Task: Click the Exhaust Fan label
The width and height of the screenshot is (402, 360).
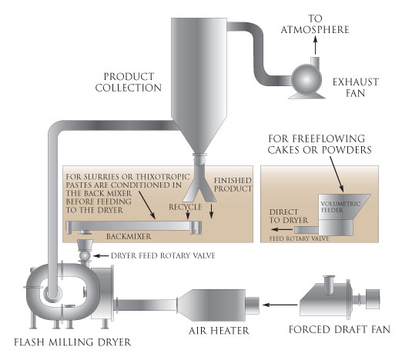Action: tap(356, 88)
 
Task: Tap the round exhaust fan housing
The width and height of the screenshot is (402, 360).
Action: tap(307, 80)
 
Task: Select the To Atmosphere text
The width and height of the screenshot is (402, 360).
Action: tap(315, 24)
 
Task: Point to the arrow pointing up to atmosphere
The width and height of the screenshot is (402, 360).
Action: tap(316, 45)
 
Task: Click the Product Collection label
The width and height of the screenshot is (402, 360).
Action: tap(129, 82)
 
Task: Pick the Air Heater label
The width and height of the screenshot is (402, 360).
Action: tap(219, 331)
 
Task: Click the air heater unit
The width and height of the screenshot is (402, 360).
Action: tap(219, 305)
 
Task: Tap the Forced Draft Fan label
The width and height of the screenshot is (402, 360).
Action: tap(340, 329)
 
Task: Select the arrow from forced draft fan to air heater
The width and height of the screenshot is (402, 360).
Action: tap(280, 305)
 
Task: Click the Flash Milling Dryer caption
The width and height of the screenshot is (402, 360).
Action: tap(72, 342)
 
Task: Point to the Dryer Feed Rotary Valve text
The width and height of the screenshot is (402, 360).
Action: tap(163, 255)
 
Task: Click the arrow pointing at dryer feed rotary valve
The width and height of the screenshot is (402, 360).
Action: tap(101, 255)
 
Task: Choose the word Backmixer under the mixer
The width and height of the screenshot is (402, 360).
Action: tap(129, 236)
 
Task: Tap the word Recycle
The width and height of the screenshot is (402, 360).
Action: tap(186, 207)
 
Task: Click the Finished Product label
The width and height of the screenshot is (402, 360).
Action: tap(233, 185)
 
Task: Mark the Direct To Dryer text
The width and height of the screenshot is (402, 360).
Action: tap(289, 216)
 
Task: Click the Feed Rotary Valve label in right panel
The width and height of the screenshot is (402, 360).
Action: tap(299, 238)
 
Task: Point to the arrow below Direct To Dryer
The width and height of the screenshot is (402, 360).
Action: tap(282, 229)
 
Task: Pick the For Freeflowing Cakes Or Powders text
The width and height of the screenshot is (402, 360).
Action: tap(320, 145)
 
